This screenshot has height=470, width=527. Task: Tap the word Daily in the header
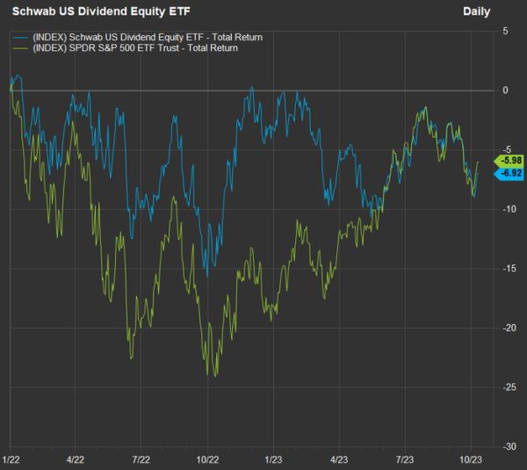pos(477,11)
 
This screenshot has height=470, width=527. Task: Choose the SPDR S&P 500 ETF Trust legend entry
pos(135,48)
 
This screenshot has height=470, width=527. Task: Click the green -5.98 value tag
pos(510,161)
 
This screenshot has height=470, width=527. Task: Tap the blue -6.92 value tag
pos(510,173)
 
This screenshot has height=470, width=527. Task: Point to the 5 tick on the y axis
pos(506,31)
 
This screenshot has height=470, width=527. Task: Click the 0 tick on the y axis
pos(506,90)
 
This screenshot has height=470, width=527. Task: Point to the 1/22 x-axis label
pos(12,459)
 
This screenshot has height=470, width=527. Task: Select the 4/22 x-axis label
pos(76,459)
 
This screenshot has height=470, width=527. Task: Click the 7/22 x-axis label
pos(141,459)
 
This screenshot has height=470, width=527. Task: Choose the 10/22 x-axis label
pos(207,459)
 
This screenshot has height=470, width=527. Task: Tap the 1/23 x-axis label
pos(273,459)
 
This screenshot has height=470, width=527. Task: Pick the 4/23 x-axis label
pos(338,459)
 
